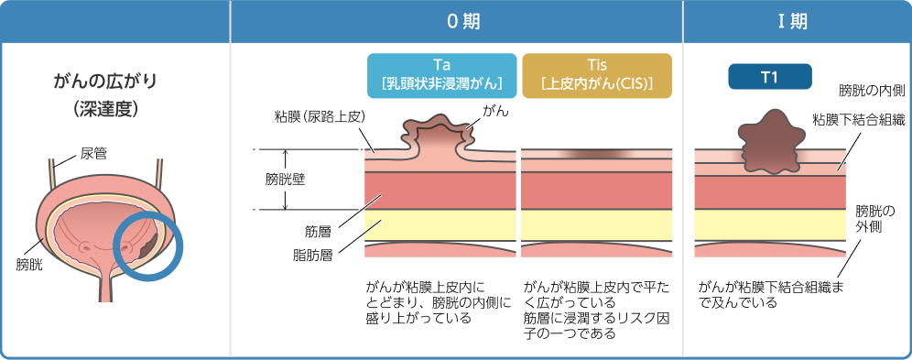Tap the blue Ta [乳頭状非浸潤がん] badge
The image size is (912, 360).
click(x=442, y=75)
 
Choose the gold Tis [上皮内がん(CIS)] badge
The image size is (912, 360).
click(x=596, y=75)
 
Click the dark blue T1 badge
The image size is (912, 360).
click(x=769, y=77)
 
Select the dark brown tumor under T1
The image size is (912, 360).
click(x=767, y=142)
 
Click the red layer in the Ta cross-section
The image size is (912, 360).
click(x=440, y=191)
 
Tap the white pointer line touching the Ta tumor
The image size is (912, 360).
click(x=471, y=125)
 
